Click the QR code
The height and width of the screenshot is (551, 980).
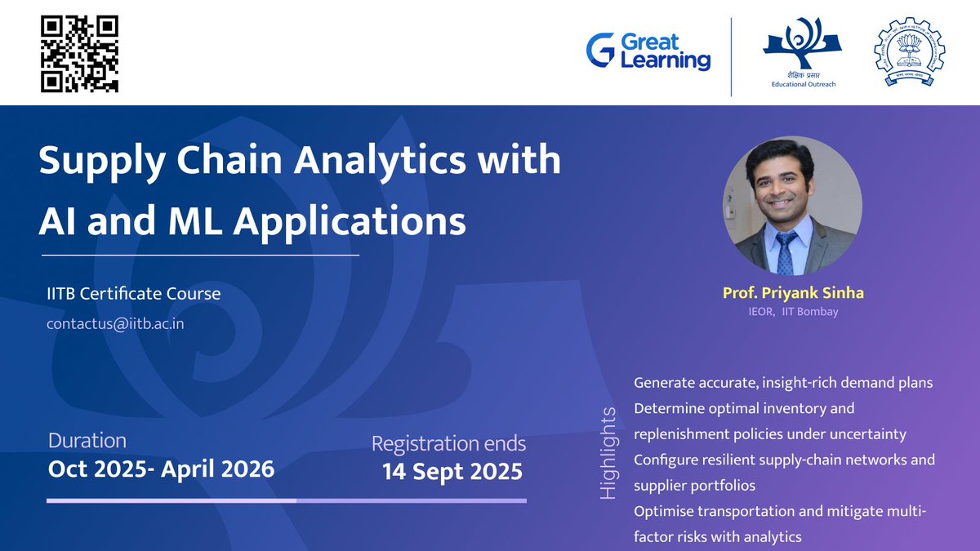pos(79,53)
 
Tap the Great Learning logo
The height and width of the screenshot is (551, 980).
pos(648,51)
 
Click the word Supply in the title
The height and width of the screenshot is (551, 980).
pos(102,162)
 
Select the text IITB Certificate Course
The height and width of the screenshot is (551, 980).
pos(133,293)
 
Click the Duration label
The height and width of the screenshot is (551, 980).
pos(87,441)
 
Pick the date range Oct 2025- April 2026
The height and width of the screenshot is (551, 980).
pos(161,469)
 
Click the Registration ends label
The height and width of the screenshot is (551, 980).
pos(448,444)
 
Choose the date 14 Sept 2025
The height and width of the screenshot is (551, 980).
pos(452,472)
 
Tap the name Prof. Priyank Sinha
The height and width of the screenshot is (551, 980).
pos(791,292)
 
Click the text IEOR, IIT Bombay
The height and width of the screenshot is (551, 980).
pos(792,312)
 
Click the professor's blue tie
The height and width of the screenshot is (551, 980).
pos(786,252)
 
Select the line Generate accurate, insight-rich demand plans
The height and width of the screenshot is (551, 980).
pos(783,382)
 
